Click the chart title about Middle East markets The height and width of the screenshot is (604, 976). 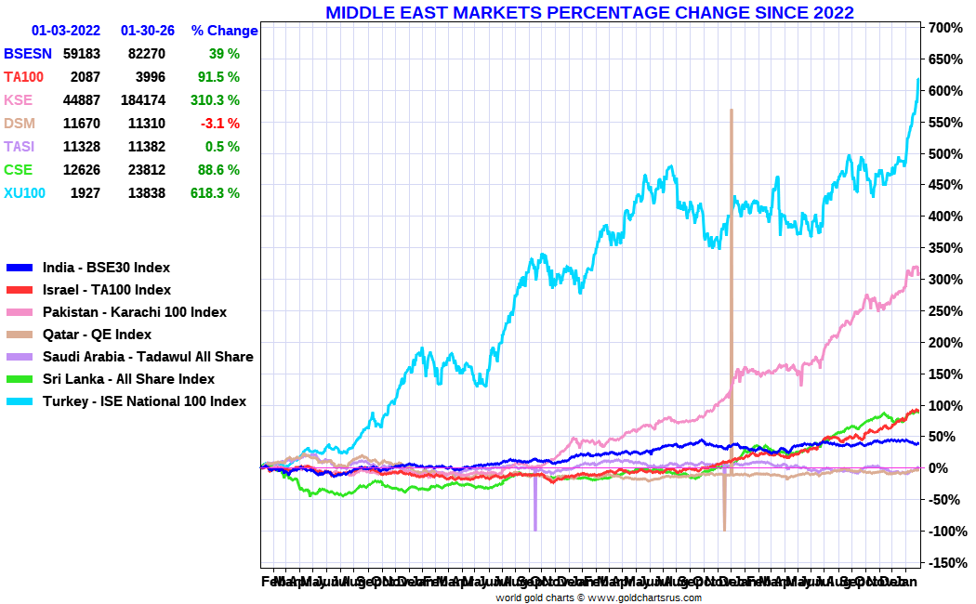[589, 12]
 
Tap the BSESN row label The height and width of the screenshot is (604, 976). [27, 54]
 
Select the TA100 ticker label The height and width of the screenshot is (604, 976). [24, 77]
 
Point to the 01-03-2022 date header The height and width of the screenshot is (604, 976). [66, 31]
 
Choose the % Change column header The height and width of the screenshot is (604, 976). [224, 31]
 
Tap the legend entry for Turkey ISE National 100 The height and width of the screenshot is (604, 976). [144, 401]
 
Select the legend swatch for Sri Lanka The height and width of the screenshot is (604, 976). [20, 379]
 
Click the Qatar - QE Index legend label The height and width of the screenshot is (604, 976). [97, 335]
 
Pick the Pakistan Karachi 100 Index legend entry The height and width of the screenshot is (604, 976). [134, 312]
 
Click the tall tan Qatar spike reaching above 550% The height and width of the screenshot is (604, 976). [732, 186]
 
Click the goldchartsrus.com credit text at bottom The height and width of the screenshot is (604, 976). [598, 597]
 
